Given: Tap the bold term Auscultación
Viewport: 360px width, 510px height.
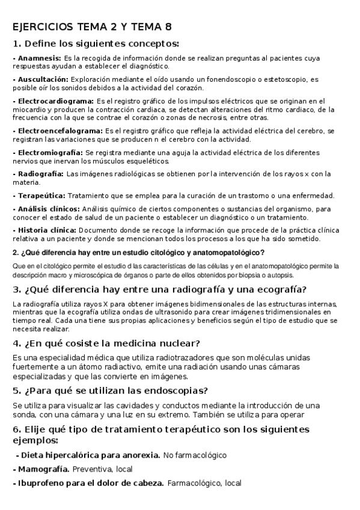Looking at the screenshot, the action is (43, 79).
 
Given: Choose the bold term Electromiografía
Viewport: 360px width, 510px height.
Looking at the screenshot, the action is (50, 153).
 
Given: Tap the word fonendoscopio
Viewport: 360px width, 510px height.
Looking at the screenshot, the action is (231, 79).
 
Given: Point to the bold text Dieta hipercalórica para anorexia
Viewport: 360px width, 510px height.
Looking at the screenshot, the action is (88, 455).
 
